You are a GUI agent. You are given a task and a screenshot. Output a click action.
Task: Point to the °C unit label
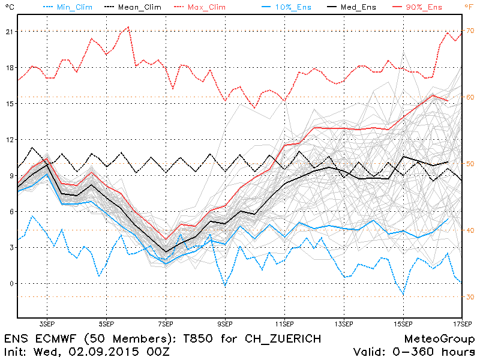[8, 7]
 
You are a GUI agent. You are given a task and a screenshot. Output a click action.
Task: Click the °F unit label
[469, 7]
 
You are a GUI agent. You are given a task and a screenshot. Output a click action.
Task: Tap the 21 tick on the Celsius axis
[8, 31]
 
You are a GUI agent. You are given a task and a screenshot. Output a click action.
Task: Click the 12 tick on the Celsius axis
[8, 140]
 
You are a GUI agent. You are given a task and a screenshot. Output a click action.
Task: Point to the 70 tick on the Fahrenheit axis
[471, 31]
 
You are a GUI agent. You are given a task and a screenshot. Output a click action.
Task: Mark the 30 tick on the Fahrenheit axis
[471, 297]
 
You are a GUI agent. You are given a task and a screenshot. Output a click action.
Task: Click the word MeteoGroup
[440, 339]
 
